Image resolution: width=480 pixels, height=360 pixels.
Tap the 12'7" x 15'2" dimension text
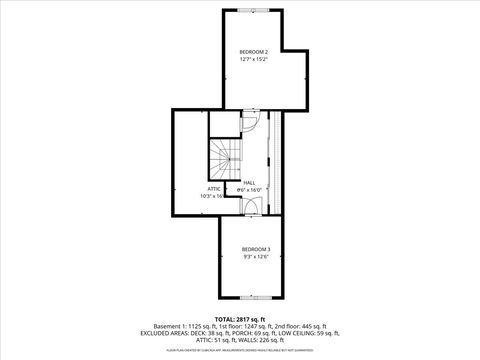click(254, 60)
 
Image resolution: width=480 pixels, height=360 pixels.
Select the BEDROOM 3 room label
click(256, 249)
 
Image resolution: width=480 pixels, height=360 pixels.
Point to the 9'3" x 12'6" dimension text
click(256, 258)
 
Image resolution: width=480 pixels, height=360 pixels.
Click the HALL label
click(250, 183)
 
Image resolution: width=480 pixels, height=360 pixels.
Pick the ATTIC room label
click(214, 188)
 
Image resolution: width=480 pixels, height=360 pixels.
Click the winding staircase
click(224, 156)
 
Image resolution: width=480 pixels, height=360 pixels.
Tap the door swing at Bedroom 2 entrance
click(251, 121)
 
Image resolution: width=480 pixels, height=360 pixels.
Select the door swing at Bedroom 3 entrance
click(253, 207)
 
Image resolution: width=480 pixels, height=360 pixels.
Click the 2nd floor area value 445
click(319, 326)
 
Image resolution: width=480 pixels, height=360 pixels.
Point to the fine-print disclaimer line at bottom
click(240, 350)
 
